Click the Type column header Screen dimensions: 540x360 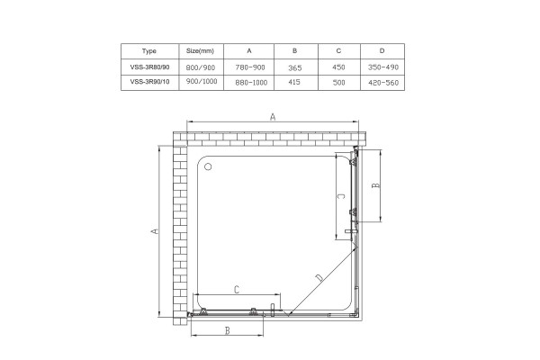click(x=149, y=51)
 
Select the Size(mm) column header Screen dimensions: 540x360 click(x=200, y=51)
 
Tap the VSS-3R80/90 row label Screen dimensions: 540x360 click(x=149, y=67)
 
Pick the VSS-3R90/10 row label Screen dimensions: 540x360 click(x=149, y=82)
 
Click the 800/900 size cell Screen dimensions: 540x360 click(x=201, y=67)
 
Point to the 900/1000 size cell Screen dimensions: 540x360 click(x=202, y=81)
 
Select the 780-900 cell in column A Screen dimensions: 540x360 click(x=250, y=67)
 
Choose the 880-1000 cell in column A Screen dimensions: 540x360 click(x=251, y=83)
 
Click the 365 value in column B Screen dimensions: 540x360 click(x=295, y=67)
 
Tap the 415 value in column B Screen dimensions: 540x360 click(x=294, y=82)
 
